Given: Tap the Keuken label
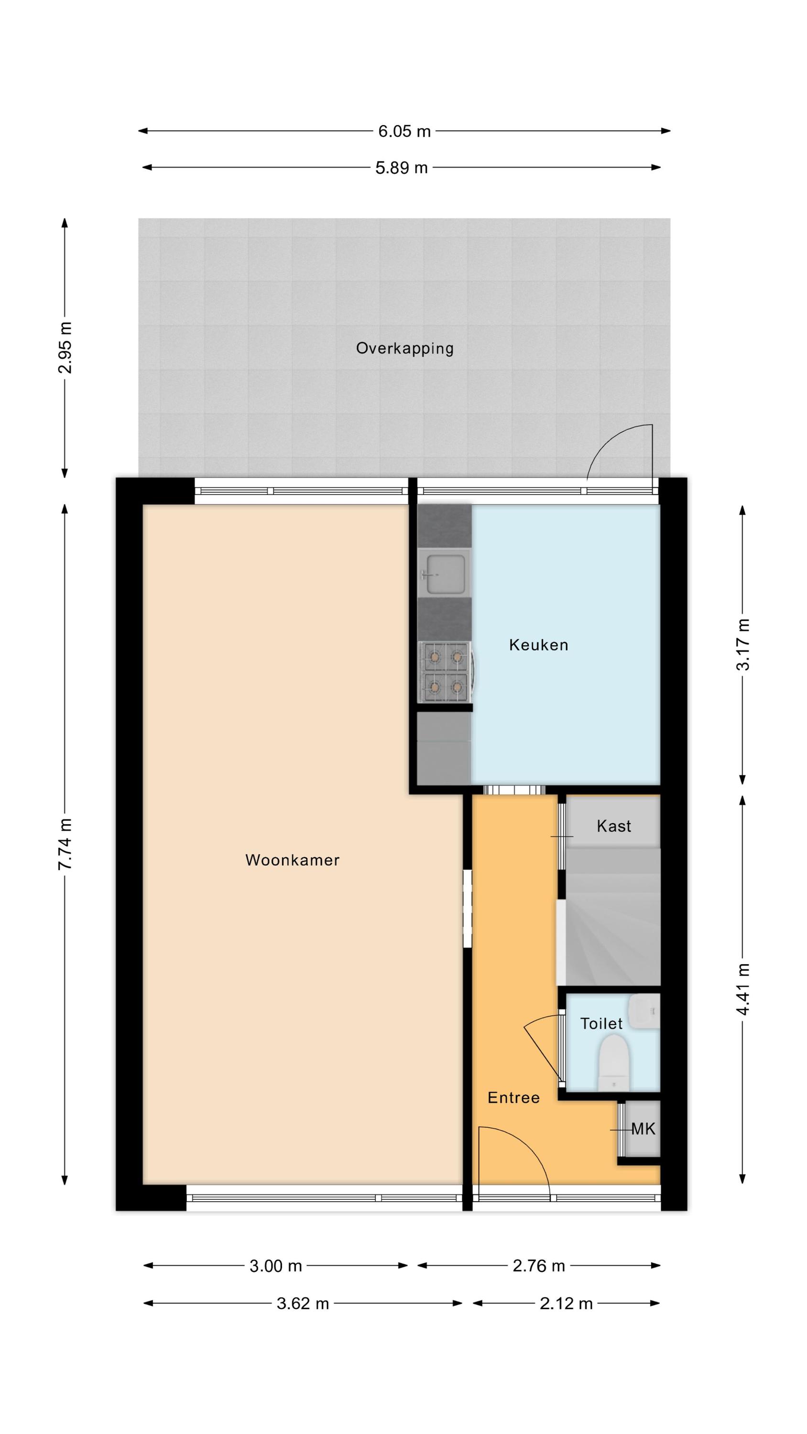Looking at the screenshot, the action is (538, 645).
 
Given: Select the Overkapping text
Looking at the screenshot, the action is (405, 348).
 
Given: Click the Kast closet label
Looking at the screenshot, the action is (614, 826).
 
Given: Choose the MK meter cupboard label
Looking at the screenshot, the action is (643, 1129).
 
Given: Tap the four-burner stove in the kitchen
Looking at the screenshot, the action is (446, 673).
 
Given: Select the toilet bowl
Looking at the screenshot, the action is (614, 1062).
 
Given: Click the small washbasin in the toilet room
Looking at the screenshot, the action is (645, 1011).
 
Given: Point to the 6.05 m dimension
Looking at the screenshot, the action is (404, 131).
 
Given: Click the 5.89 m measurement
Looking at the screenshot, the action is (401, 168).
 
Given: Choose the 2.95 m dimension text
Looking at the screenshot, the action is (65, 348).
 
